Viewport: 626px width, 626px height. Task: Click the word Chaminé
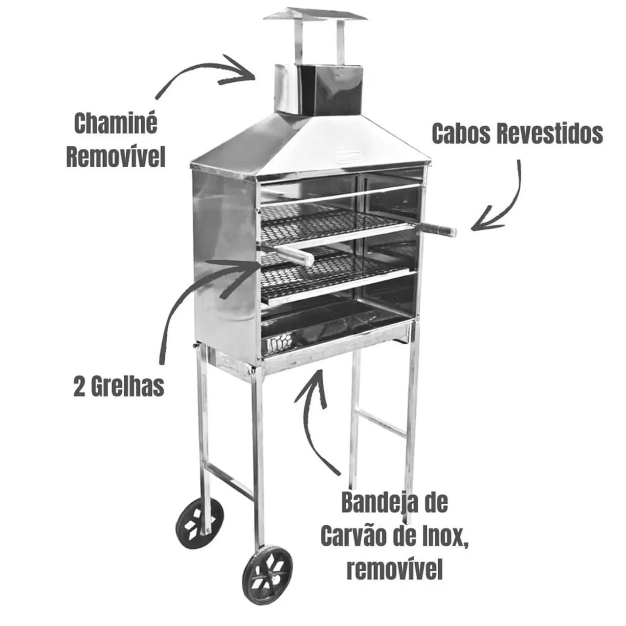pos(115,124)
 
